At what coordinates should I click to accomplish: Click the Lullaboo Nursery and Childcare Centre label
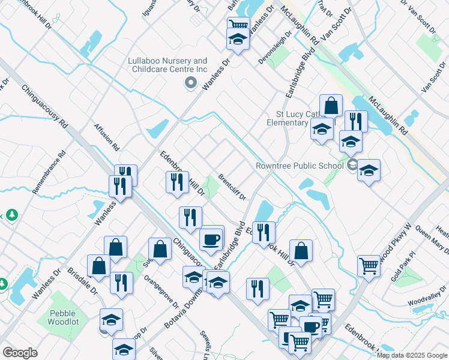click(x=167, y=65)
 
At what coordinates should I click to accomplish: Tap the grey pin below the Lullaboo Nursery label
click(x=191, y=83)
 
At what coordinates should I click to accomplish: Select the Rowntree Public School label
click(x=298, y=166)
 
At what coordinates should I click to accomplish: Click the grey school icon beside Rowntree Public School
click(x=352, y=166)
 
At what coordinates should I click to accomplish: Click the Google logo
click(x=20, y=353)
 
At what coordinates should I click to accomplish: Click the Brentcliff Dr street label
click(x=233, y=187)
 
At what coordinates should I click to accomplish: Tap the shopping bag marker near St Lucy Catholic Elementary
click(x=331, y=106)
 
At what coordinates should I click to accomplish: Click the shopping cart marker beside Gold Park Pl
click(x=369, y=266)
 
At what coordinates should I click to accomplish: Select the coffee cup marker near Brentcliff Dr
click(x=211, y=239)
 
